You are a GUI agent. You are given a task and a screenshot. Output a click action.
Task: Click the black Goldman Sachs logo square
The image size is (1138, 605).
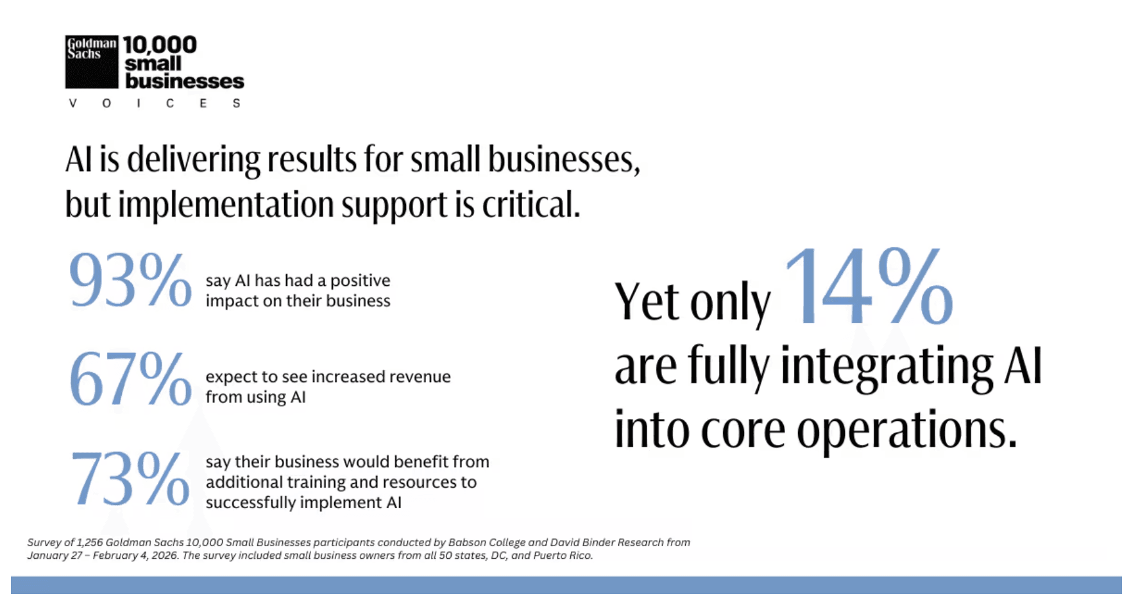pyautogui.click(x=92, y=62)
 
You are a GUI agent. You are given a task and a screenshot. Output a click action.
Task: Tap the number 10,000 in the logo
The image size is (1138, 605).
pyautogui.click(x=160, y=45)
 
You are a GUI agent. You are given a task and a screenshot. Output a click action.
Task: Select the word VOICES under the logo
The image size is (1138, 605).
pyautogui.click(x=155, y=103)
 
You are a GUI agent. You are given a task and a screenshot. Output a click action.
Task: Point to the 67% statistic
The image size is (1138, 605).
pyautogui.click(x=130, y=379)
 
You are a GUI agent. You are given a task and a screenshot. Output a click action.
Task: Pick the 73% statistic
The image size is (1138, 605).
pyautogui.click(x=130, y=478)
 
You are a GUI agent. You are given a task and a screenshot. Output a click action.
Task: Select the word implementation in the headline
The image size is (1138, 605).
pyautogui.click(x=226, y=205)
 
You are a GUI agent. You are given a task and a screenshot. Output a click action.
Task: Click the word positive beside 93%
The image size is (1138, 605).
pyautogui.click(x=360, y=281)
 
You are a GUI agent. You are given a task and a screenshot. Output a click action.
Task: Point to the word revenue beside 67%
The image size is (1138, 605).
pyautogui.click(x=420, y=376)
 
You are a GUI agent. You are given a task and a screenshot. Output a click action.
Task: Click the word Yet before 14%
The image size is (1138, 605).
pyautogui.click(x=646, y=302)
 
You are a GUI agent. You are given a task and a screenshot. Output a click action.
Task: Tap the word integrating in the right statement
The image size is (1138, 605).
pyautogui.click(x=887, y=367)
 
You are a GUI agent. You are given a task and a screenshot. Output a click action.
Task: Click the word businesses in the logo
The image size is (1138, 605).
pyautogui.click(x=185, y=81)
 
